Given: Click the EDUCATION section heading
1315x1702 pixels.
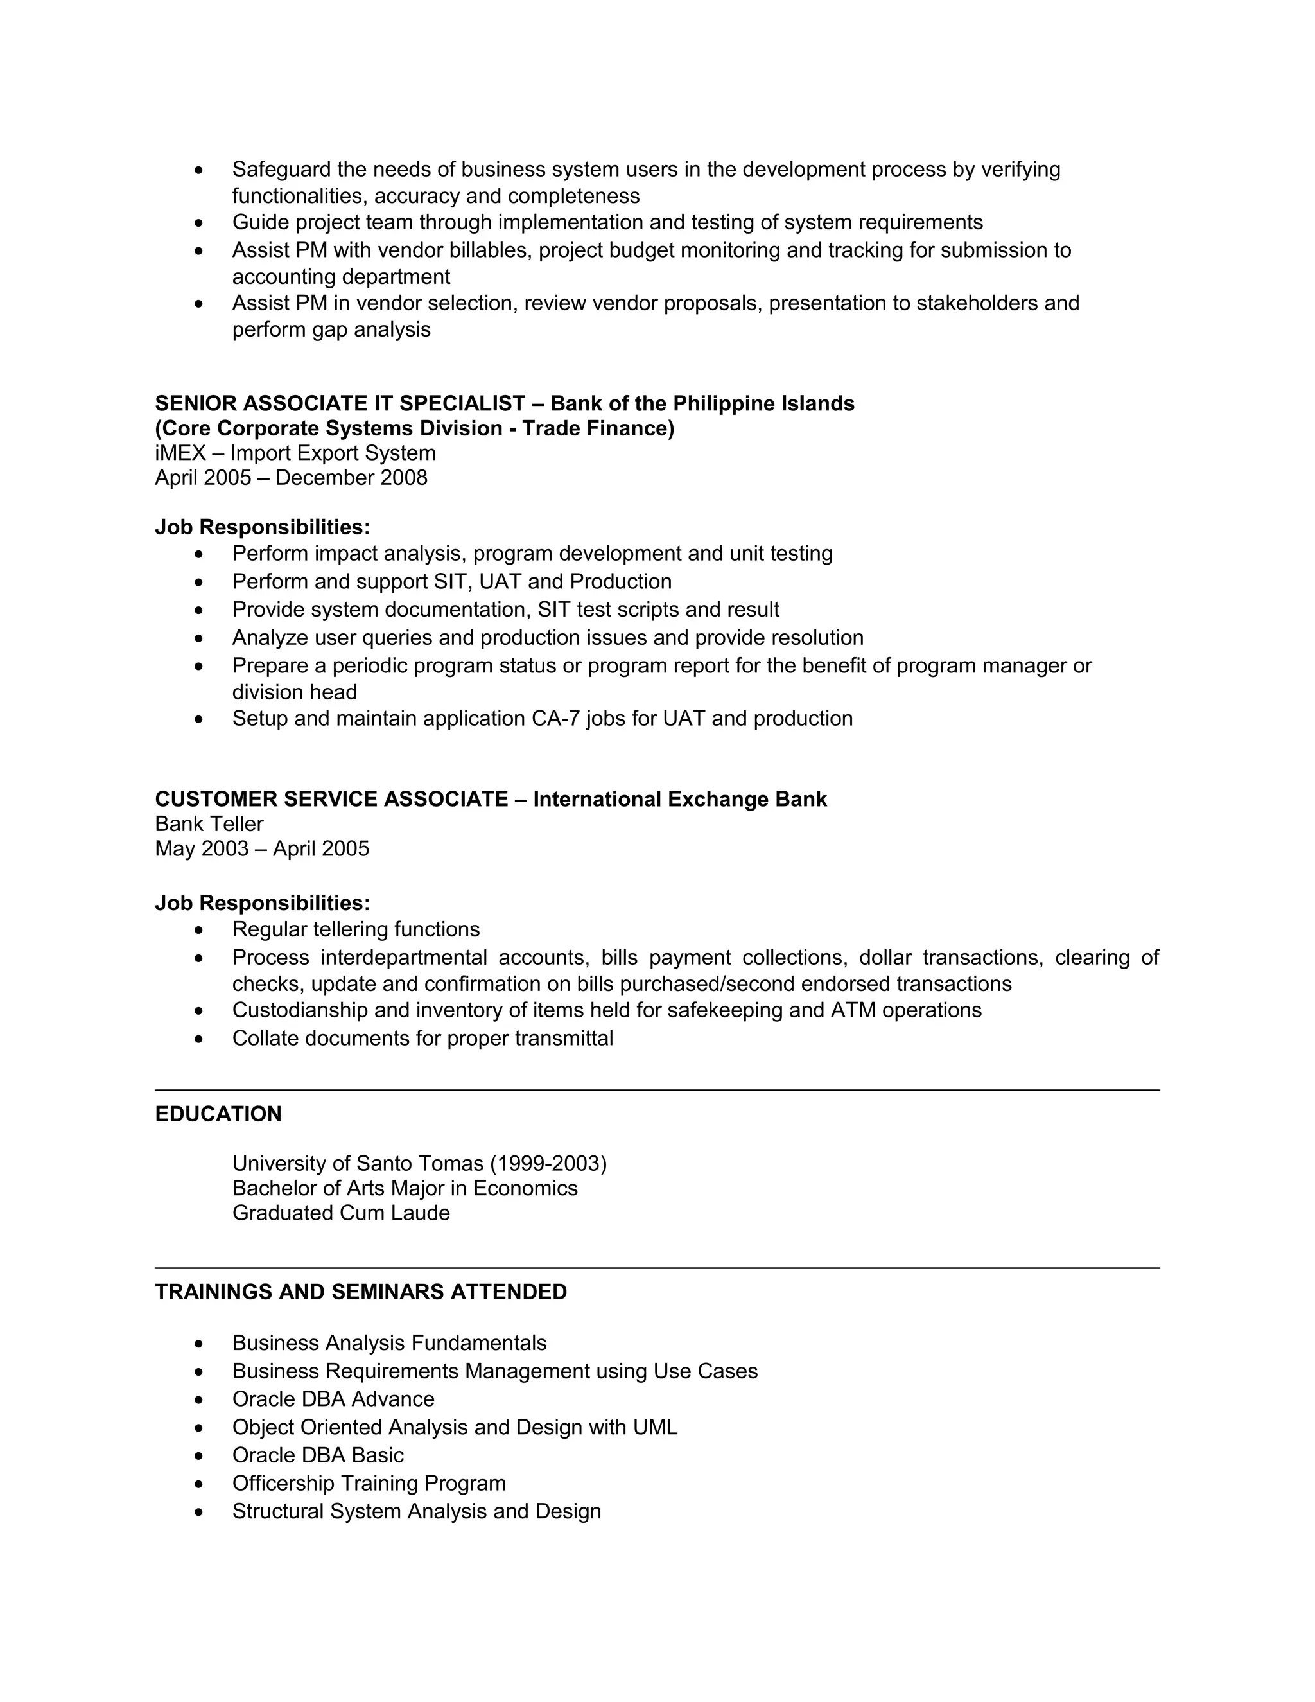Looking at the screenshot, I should (218, 1114).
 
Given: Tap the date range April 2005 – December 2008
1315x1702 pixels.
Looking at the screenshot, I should (291, 478).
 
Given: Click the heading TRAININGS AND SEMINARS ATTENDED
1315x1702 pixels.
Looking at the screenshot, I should (361, 1292).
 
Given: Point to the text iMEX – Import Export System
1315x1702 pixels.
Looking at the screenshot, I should (295, 453).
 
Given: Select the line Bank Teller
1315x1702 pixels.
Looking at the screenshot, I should (209, 824).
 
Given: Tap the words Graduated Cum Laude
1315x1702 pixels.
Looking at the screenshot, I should (340, 1213).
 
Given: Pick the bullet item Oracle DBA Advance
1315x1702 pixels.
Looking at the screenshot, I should (333, 1399).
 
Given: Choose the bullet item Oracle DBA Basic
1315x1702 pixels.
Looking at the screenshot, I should (318, 1455).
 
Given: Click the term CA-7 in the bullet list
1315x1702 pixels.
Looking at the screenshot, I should (555, 719).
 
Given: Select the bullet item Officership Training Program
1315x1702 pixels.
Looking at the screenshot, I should (369, 1483).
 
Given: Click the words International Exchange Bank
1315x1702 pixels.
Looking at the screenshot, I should (679, 799).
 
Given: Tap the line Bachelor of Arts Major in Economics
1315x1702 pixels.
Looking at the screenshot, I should (405, 1188).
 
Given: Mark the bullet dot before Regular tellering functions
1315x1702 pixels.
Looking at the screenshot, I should (200, 930).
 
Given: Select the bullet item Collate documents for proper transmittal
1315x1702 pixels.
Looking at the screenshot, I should (422, 1038).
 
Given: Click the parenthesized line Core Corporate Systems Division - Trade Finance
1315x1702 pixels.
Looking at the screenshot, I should (414, 428).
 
